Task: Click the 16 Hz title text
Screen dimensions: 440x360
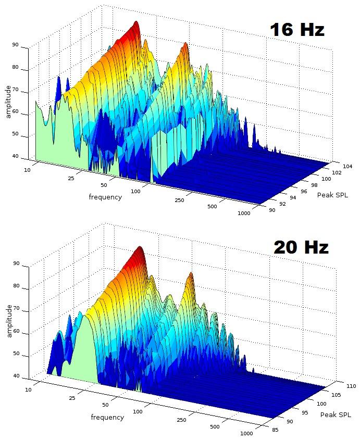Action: click(x=297, y=30)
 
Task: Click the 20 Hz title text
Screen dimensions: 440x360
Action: click(x=301, y=247)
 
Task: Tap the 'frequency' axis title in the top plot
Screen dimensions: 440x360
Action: click(x=105, y=197)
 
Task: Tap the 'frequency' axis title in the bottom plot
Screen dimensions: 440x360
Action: click(x=107, y=417)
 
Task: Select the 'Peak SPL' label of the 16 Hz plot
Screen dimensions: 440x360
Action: click(x=332, y=195)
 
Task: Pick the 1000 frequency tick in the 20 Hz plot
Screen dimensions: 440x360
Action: click(x=247, y=433)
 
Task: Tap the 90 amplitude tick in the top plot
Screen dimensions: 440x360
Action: click(x=16, y=45)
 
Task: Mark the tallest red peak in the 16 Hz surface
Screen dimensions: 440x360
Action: click(x=136, y=24)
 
